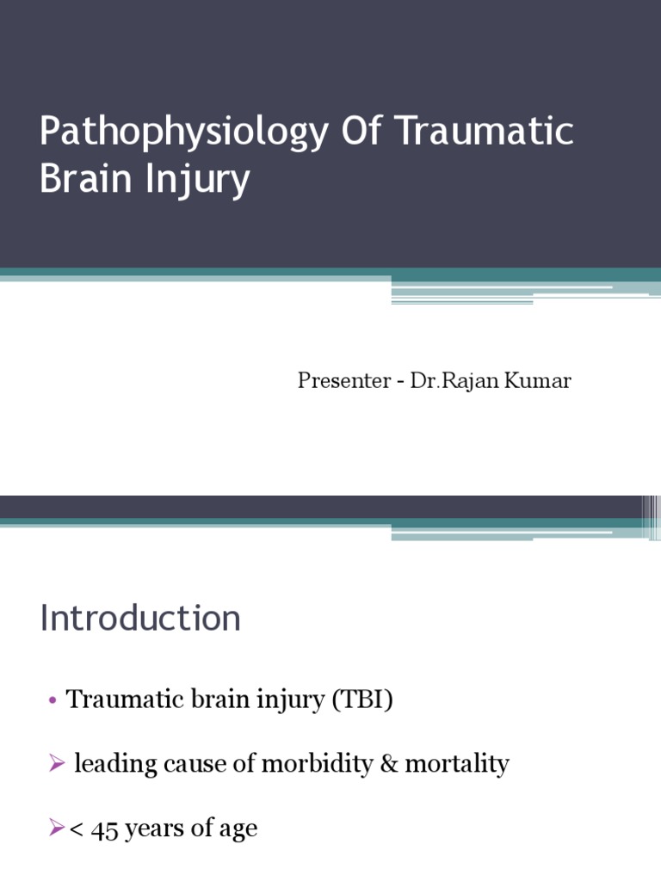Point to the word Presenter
tap(344, 381)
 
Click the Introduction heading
tap(140, 619)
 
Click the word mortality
tap(458, 764)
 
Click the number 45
tap(107, 829)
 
